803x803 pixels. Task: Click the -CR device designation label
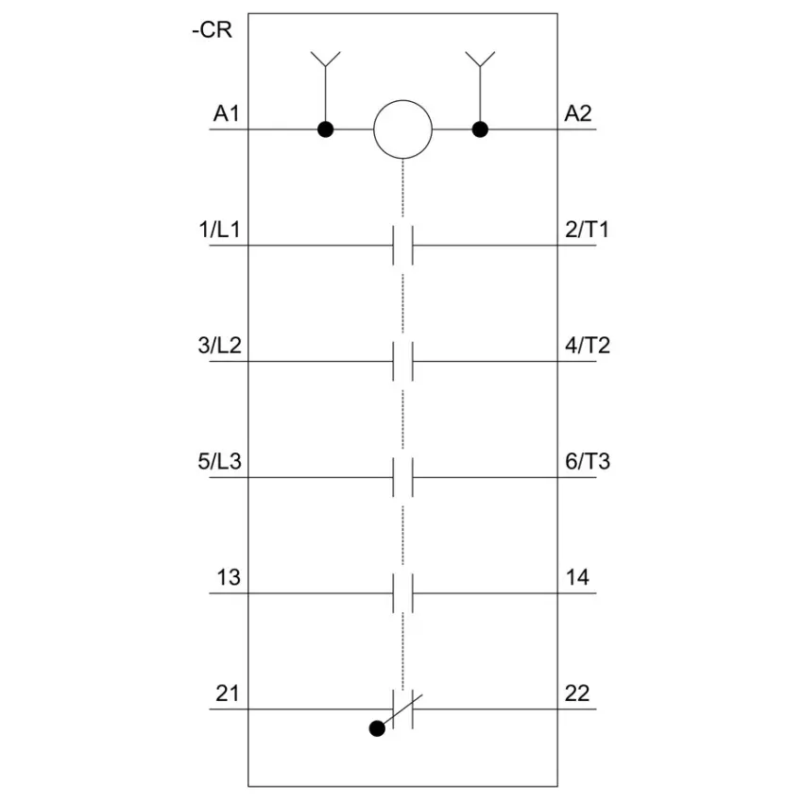tap(212, 29)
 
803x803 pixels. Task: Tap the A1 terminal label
tap(227, 113)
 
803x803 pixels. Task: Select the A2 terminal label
tap(577, 113)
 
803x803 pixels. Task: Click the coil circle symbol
tap(403, 129)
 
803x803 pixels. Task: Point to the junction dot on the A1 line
tap(326, 129)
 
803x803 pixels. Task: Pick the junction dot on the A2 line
tap(480, 129)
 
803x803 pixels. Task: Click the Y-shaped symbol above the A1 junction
tap(326, 60)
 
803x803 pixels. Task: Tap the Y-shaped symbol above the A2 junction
tap(480, 60)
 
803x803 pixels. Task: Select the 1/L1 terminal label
tap(220, 230)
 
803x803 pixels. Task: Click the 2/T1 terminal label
tap(587, 230)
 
